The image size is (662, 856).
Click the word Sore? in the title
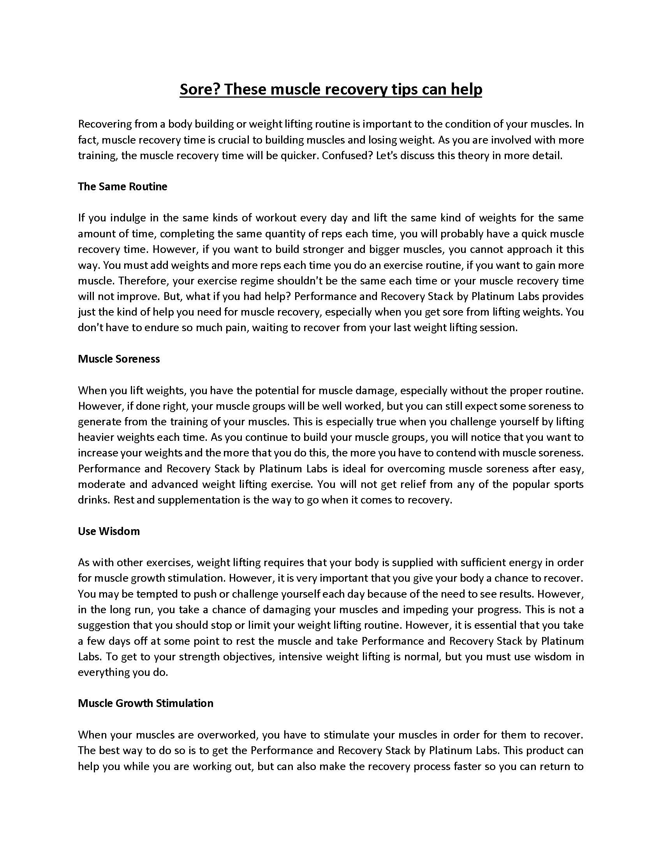200,89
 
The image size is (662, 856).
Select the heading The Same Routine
122,186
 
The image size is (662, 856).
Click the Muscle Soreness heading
119,359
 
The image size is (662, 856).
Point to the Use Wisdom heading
109,531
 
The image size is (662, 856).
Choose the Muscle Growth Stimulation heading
146,703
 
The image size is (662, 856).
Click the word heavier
99,437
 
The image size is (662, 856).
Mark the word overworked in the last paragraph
227,735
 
